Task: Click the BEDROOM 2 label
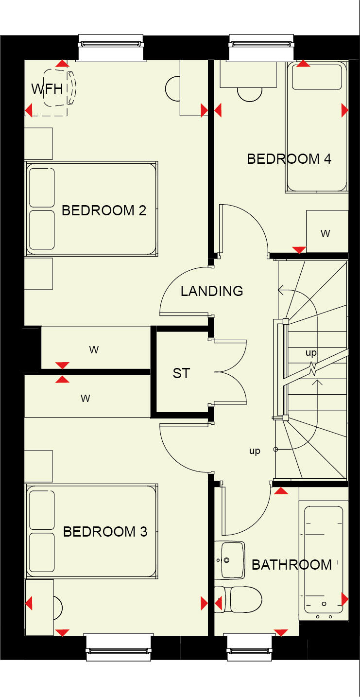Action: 104,210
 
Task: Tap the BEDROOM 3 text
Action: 105,531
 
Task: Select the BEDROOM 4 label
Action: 289,159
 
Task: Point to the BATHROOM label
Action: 291,565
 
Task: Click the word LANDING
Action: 212,291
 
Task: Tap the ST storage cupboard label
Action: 181,373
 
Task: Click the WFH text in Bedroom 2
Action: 47,89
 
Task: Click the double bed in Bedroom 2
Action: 91,209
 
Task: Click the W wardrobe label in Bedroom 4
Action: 325,233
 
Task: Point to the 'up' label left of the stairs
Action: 255,451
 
